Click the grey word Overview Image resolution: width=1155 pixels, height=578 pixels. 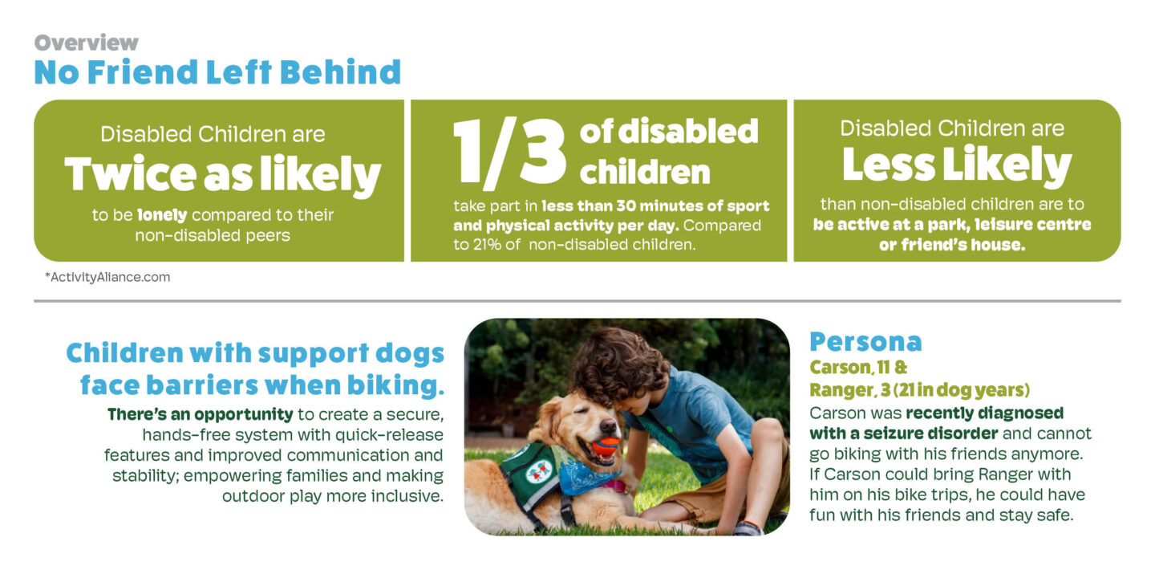86,43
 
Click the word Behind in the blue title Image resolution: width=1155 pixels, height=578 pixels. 340,71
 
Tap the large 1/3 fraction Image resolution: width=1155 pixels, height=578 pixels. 509,153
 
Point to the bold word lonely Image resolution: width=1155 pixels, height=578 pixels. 162,214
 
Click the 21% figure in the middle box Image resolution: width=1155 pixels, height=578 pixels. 487,245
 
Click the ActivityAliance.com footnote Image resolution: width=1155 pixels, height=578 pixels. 107,277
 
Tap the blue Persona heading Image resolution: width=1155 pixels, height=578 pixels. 865,342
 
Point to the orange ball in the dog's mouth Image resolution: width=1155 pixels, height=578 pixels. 606,445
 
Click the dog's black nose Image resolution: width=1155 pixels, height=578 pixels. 608,427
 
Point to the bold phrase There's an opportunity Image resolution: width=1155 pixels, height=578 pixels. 200,414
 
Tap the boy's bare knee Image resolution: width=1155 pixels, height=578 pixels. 763,433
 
